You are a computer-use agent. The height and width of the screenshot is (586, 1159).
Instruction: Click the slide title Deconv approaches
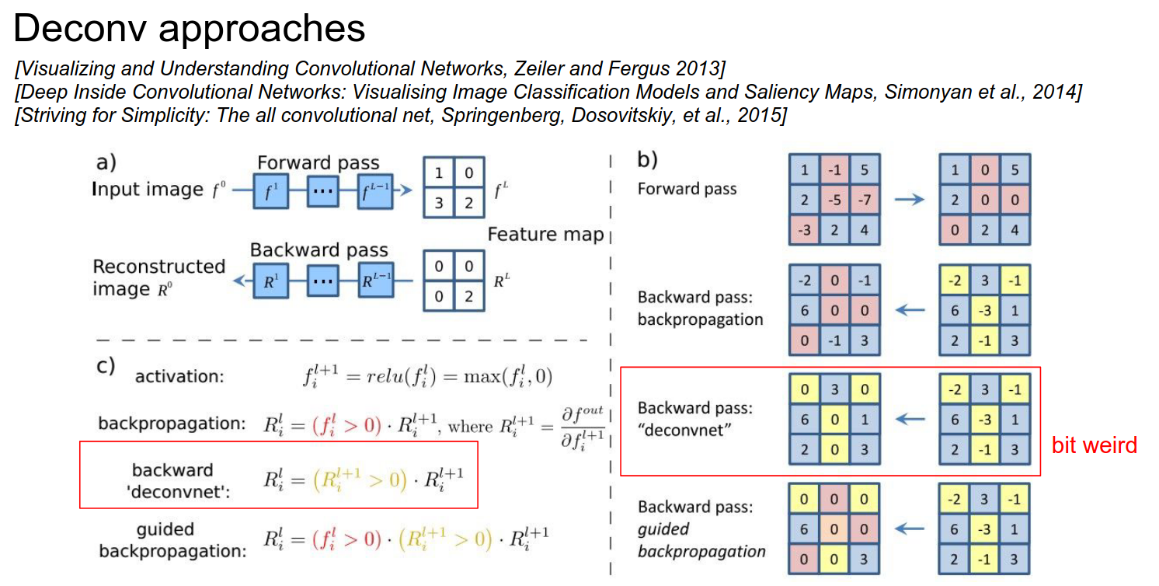point(190,29)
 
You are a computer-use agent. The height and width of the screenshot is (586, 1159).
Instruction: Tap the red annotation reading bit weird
point(1094,445)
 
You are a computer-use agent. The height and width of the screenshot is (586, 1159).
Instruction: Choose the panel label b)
point(648,160)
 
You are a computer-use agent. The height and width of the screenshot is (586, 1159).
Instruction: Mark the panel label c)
point(106,366)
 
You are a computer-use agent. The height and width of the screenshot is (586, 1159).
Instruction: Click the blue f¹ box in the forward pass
point(271,190)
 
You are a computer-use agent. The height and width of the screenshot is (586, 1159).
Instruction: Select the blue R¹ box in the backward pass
point(271,280)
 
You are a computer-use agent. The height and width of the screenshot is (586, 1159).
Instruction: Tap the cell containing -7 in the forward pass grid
point(864,200)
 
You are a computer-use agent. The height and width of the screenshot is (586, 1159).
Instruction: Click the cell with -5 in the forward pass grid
point(834,200)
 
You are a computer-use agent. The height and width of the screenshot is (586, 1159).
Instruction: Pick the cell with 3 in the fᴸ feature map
point(440,203)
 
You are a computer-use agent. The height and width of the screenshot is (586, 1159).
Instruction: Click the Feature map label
point(545,234)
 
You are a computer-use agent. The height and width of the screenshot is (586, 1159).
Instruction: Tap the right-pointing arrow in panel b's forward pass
point(909,200)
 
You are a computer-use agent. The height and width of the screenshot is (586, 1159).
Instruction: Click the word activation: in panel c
point(179,377)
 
